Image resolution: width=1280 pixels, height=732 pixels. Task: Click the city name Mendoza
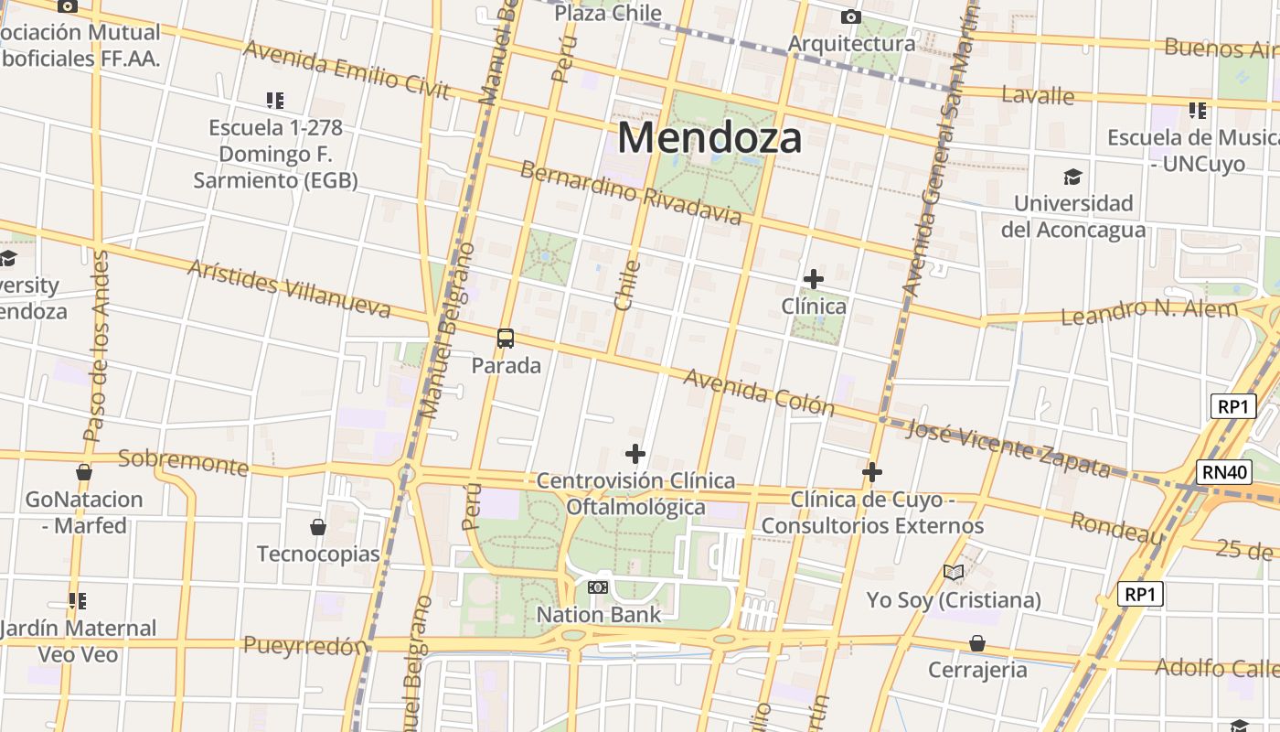[709, 138]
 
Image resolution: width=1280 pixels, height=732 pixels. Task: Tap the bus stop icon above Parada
[506, 339]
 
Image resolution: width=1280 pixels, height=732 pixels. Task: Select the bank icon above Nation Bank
[598, 587]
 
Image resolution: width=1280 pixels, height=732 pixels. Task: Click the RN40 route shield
[1223, 472]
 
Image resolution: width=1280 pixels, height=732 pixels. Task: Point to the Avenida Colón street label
[758, 392]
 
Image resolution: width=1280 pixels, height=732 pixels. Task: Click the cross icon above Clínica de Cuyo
[872, 472]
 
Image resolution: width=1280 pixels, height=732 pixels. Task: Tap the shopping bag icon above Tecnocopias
[318, 527]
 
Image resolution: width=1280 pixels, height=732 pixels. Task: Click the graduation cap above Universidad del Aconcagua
[1072, 177]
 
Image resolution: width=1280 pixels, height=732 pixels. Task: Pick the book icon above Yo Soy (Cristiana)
[954, 573]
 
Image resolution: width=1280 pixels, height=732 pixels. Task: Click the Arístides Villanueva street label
[289, 288]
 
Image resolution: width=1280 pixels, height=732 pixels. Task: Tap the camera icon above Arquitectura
[850, 16]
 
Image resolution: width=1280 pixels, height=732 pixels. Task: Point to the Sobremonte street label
[183, 462]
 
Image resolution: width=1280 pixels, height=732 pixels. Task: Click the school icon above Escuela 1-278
[275, 100]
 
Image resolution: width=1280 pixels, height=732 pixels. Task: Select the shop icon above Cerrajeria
[977, 643]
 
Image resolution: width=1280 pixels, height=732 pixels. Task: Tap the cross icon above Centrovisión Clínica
[635, 453]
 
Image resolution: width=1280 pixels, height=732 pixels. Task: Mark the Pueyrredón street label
[304, 646]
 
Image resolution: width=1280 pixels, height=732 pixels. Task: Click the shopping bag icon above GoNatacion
[84, 472]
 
